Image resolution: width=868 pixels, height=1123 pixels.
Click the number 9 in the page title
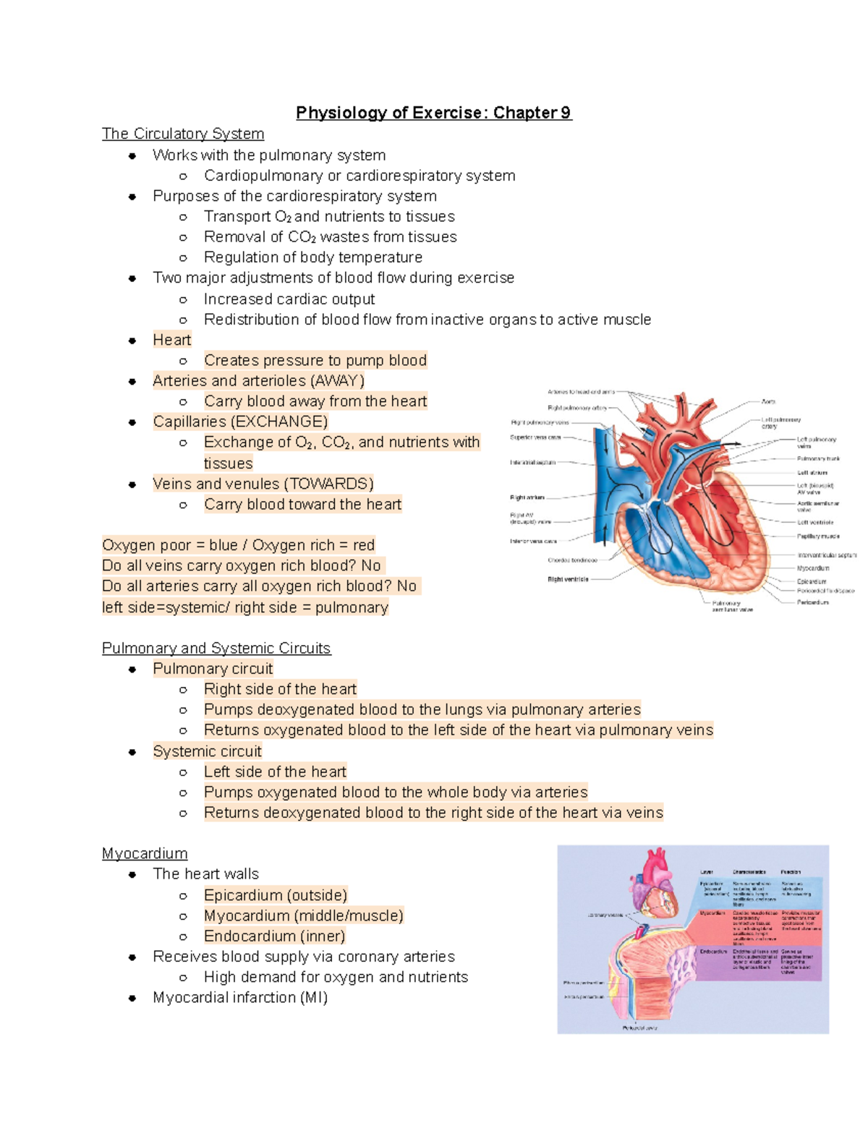pos(565,113)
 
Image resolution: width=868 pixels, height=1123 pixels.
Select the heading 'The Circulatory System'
pos(183,134)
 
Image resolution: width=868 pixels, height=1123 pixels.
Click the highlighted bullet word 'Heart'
pos(172,340)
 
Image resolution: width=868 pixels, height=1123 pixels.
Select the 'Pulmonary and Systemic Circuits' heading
pos(216,648)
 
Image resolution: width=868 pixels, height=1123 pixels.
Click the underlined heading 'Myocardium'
pos(145,853)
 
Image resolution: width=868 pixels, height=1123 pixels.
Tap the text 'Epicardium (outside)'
pos(276,895)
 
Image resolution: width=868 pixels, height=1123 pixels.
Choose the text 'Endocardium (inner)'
pos(275,936)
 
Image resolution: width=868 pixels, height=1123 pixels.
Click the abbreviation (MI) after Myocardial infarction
pos(313,998)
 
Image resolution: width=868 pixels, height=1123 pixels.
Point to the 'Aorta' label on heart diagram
pos(768,401)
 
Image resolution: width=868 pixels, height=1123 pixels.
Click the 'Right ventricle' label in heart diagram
pos(568,579)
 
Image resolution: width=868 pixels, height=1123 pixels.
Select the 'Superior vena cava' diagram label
pos(535,437)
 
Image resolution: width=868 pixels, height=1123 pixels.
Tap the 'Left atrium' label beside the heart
pos(812,472)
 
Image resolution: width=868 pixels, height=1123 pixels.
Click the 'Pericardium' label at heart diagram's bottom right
pos(813,602)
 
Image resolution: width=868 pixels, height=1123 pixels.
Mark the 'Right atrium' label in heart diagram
pos(527,498)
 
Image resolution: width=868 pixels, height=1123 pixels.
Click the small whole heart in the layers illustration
pos(655,882)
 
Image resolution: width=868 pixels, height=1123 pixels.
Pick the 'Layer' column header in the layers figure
pos(707,872)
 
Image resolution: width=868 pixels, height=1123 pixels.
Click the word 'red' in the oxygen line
pos(364,545)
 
